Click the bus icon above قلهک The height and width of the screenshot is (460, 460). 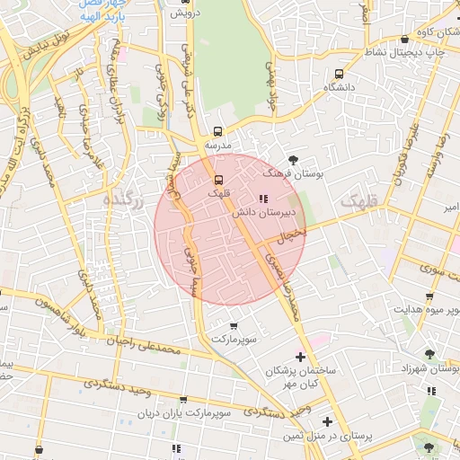217,178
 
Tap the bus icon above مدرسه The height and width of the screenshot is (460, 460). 218,130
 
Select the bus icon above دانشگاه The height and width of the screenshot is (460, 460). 339,74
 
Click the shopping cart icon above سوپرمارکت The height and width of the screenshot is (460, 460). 234,326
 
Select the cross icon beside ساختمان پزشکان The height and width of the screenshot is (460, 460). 300,358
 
